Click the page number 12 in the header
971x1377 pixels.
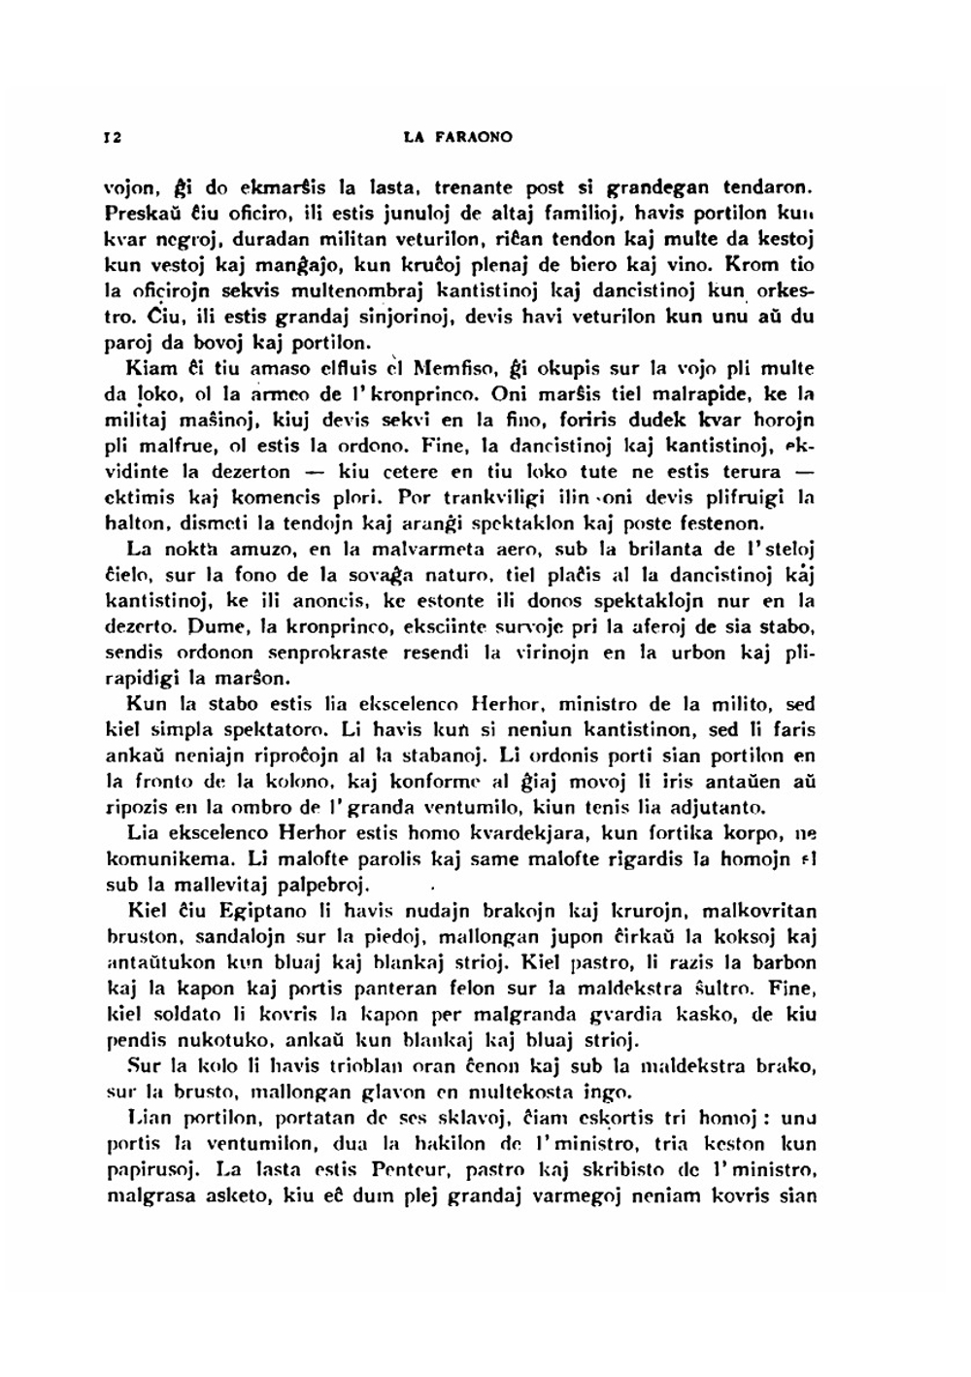pos(111,138)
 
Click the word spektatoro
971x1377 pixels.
pos(278,728)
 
